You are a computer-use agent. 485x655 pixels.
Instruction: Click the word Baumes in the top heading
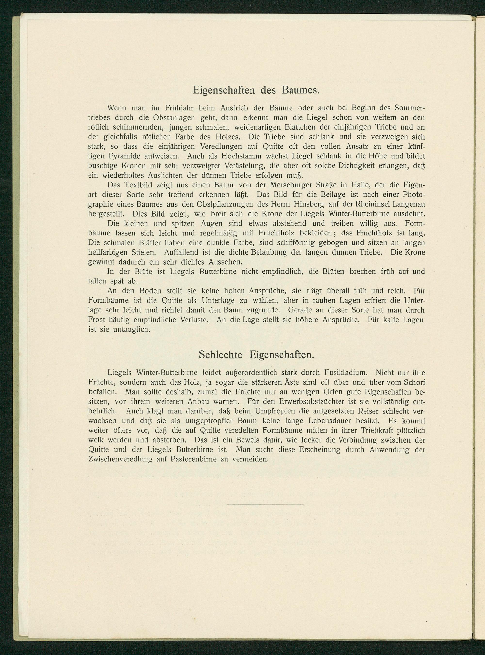pyautogui.click(x=301, y=90)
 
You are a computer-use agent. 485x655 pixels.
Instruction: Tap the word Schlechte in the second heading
pyautogui.click(x=220, y=355)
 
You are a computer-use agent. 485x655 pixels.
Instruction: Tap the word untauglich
pyautogui.click(x=132, y=329)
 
